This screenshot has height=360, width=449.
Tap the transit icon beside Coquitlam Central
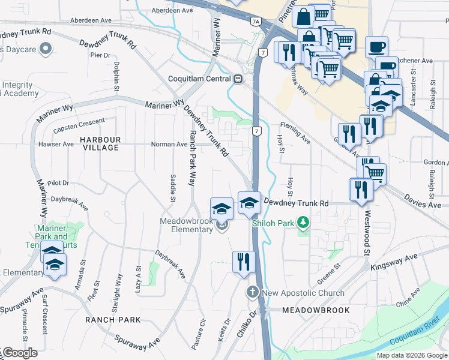click(x=238, y=79)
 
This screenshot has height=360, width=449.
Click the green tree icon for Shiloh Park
click(x=304, y=223)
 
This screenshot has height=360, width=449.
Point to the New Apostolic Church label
click(x=303, y=293)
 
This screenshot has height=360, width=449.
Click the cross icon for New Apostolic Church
click(x=253, y=293)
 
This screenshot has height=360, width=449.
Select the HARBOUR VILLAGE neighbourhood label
click(x=101, y=143)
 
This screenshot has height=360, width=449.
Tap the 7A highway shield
click(x=256, y=22)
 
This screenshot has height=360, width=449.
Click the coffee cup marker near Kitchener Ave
click(x=376, y=46)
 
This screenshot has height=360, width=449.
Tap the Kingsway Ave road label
click(x=394, y=262)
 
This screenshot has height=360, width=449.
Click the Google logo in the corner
click(x=19, y=353)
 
